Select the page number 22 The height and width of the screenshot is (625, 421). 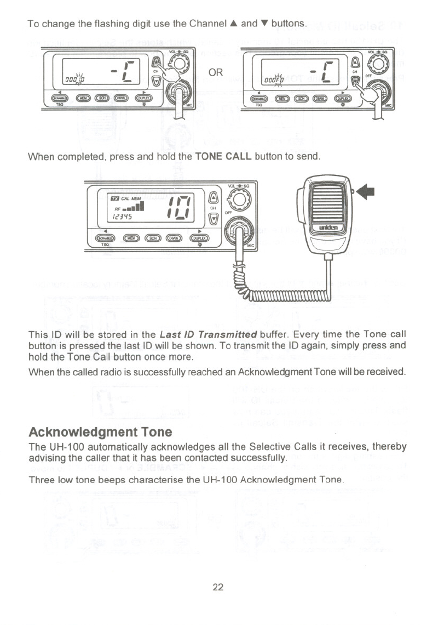pyautogui.click(x=218, y=587)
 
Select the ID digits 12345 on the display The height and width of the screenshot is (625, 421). pyautogui.click(x=119, y=216)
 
